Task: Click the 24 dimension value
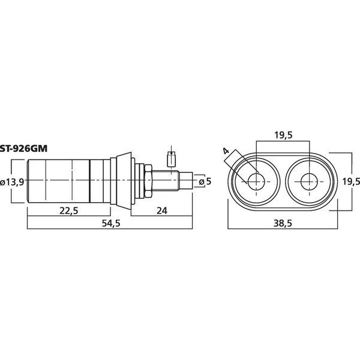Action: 160,209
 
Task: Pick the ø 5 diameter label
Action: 206,181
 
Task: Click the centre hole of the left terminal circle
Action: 255,181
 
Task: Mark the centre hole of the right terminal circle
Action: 308,181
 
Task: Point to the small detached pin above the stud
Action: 171,160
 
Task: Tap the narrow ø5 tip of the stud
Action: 188,181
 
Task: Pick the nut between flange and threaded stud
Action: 145,181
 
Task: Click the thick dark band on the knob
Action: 91,181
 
